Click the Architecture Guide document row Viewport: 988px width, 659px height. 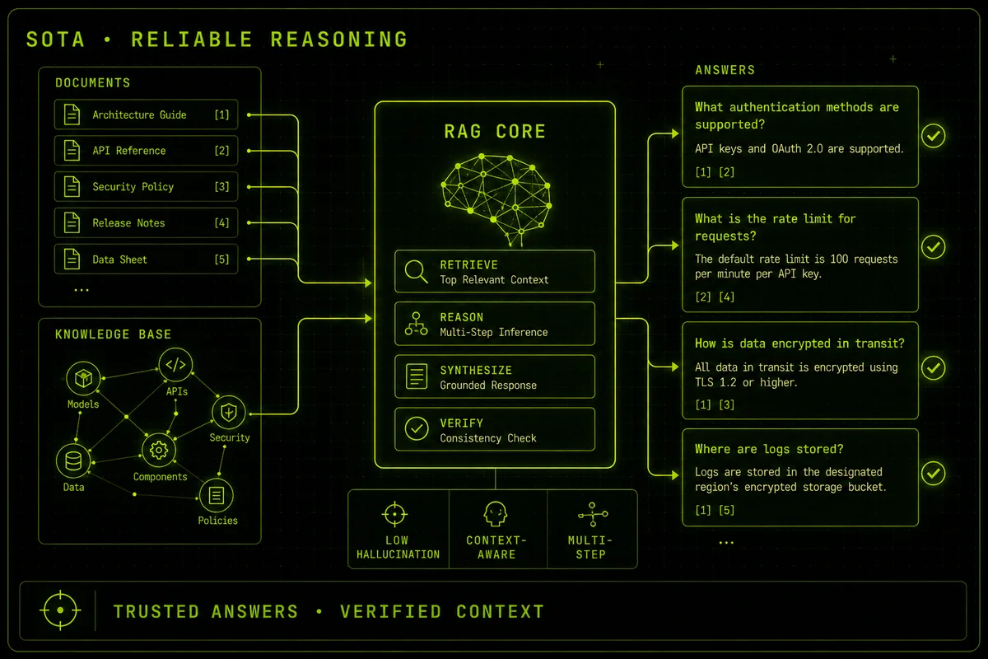(x=146, y=115)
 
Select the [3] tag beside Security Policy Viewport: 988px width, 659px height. (x=221, y=187)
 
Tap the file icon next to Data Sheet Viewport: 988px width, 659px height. (x=72, y=259)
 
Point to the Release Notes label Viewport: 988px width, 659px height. (x=128, y=223)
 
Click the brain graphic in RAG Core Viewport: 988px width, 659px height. (x=496, y=199)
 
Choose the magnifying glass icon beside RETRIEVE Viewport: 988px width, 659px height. (x=416, y=271)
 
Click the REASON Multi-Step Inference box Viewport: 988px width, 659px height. (x=495, y=324)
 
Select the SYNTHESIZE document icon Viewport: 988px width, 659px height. (x=417, y=376)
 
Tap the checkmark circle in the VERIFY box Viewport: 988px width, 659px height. (x=417, y=428)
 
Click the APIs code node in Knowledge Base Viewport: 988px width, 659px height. (x=175, y=365)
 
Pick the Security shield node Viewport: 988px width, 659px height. (x=229, y=413)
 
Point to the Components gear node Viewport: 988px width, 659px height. (x=159, y=451)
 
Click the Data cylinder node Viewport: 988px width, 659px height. (x=73, y=461)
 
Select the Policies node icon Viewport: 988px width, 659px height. (x=216, y=495)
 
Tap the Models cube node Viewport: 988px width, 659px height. (x=83, y=378)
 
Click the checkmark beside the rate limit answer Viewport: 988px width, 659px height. (x=934, y=247)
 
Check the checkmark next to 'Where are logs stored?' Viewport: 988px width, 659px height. (x=934, y=474)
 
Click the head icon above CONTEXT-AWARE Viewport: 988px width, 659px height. (x=496, y=514)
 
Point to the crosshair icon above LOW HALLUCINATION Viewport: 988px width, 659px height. (x=394, y=514)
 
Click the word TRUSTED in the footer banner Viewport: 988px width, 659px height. (x=156, y=612)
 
